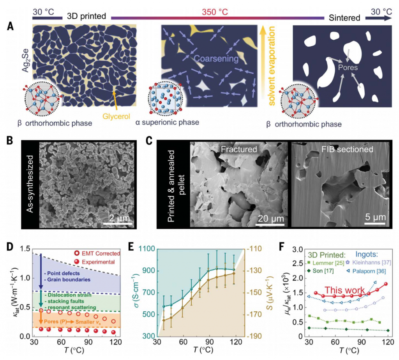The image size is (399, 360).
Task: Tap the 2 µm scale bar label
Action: (x=117, y=217)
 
